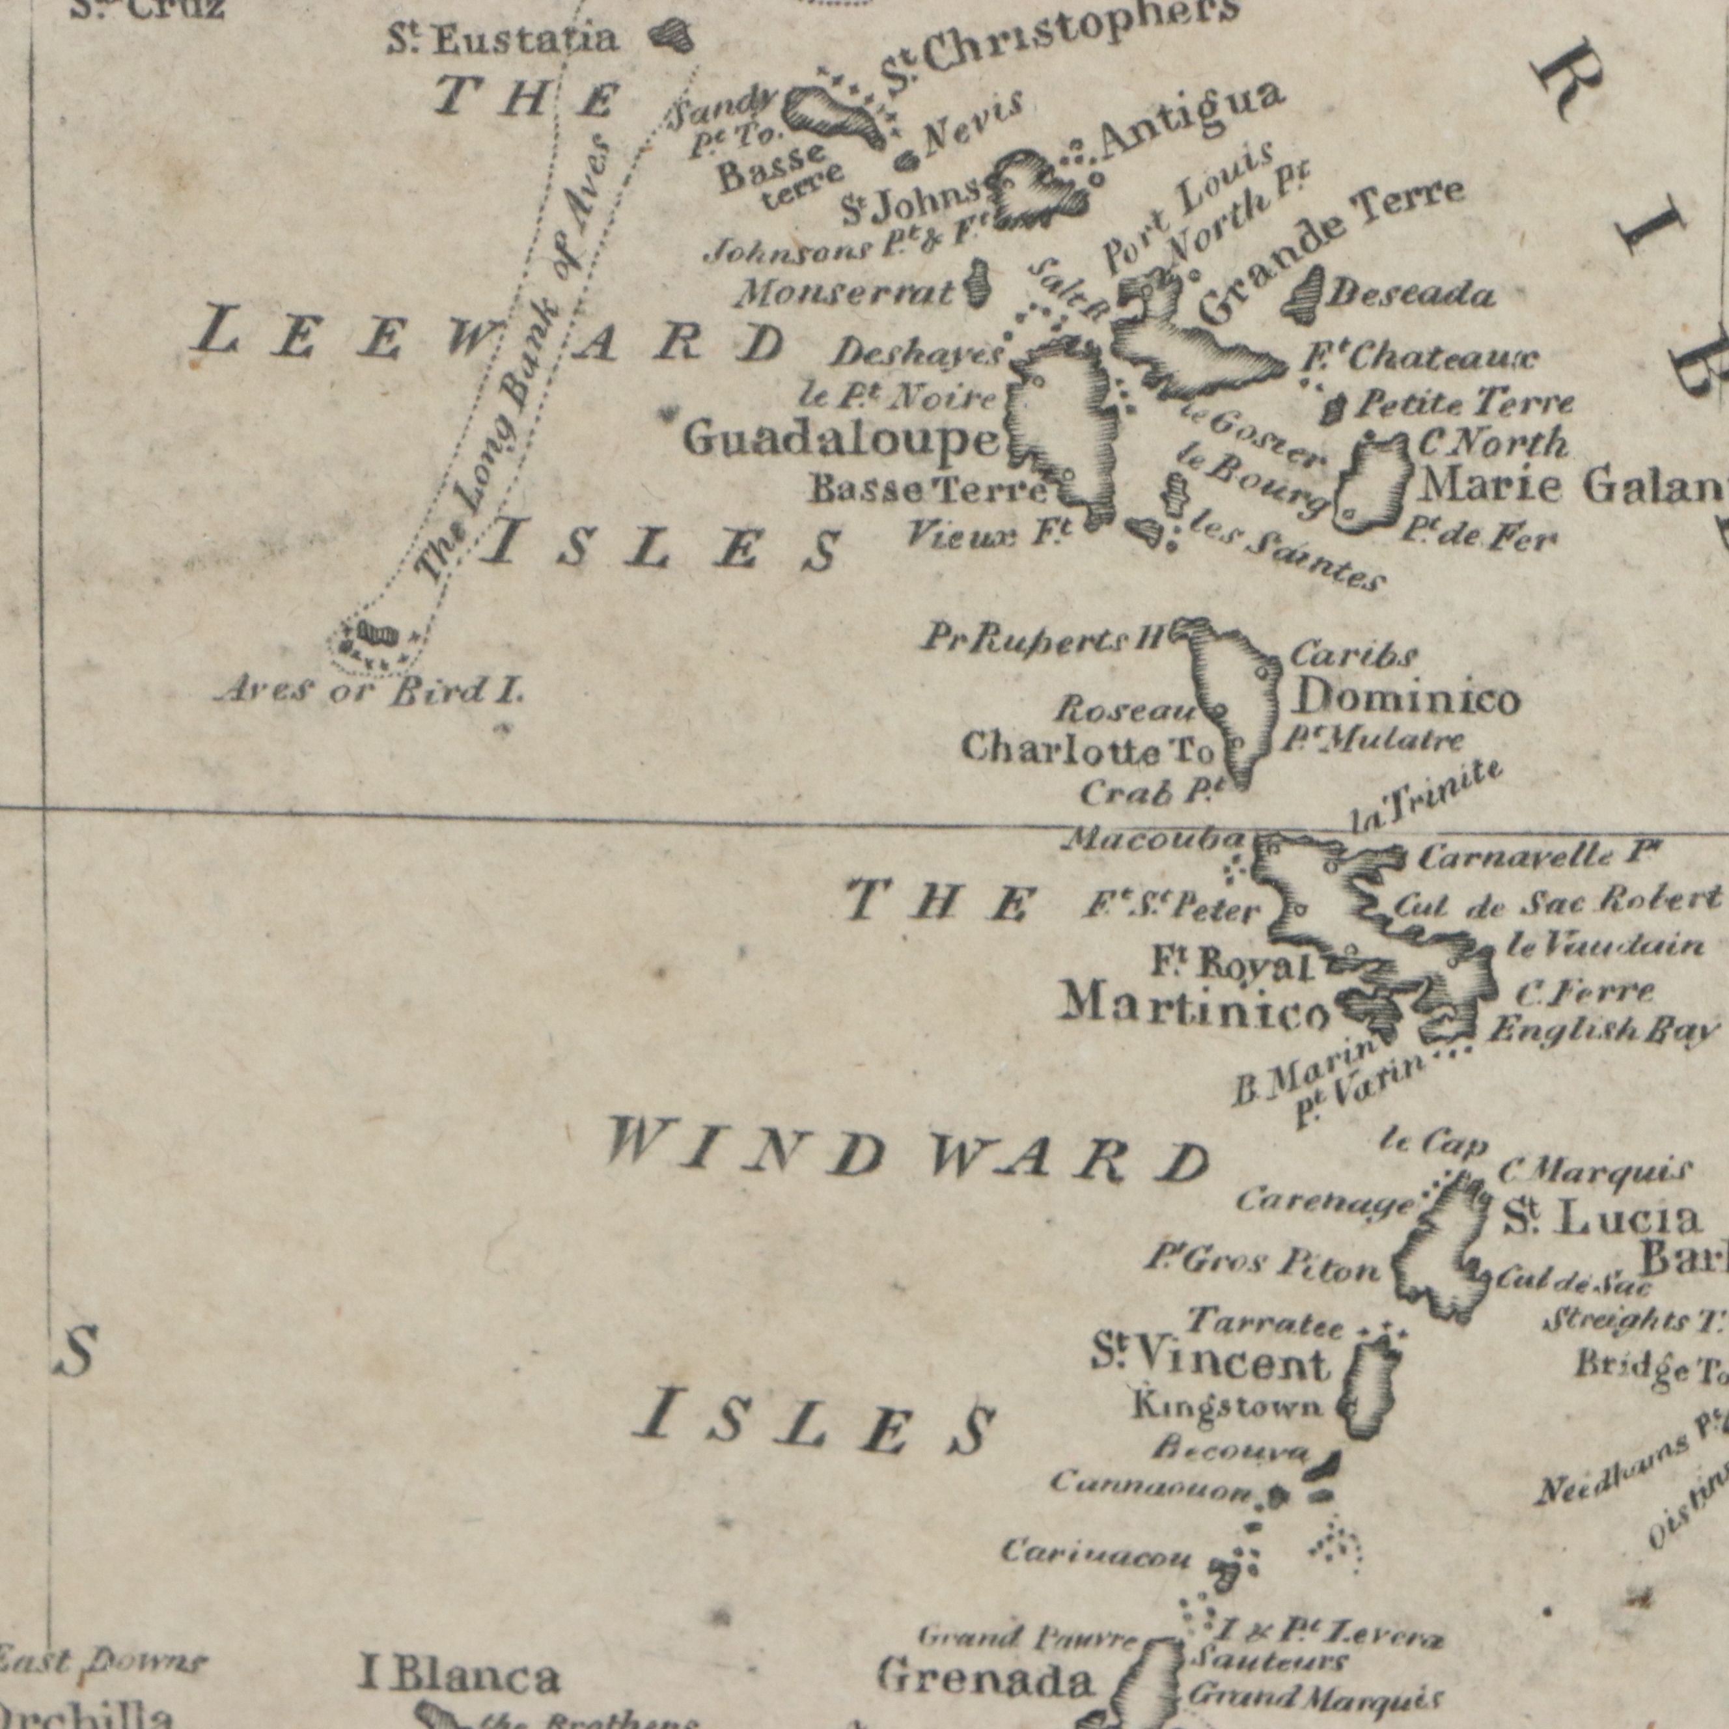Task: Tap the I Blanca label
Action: [x=459, y=1677]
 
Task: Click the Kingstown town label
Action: [x=1227, y=1407]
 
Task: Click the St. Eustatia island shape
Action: [x=671, y=36]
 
